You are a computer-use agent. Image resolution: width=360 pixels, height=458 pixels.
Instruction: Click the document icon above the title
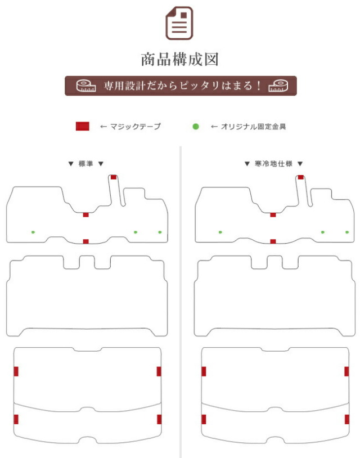pyautogui.click(x=179, y=23)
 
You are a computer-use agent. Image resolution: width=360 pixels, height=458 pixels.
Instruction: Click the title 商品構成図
pyautogui.click(x=180, y=59)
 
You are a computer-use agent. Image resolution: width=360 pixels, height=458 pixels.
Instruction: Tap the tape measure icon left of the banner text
pyautogui.click(x=86, y=86)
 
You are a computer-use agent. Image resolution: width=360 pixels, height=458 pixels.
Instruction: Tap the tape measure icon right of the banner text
pyautogui.click(x=278, y=86)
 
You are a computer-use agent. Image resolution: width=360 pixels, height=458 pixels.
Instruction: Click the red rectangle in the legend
pyautogui.click(x=83, y=126)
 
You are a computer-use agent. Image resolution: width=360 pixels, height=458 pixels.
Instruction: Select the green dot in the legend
pyautogui.click(x=196, y=127)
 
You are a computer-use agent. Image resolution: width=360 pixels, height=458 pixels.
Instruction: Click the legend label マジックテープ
pyautogui.click(x=136, y=127)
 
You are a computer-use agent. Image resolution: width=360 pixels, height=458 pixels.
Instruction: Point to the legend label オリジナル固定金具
pyautogui.click(x=254, y=127)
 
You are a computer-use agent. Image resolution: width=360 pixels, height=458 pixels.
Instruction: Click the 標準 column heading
pyautogui.click(x=85, y=164)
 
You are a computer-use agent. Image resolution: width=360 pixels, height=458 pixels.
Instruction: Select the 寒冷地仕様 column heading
pyautogui.click(x=273, y=164)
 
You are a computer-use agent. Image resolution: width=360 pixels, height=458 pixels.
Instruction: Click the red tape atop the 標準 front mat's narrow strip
pyautogui.click(x=114, y=177)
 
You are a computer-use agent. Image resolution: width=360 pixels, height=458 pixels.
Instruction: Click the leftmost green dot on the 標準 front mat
pyautogui.click(x=33, y=232)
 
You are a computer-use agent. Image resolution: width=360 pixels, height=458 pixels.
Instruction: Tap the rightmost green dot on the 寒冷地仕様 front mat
pyautogui.click(x=347, y=232)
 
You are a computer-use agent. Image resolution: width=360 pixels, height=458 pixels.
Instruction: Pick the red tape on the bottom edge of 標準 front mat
pyautogui.click(x=86, y=241)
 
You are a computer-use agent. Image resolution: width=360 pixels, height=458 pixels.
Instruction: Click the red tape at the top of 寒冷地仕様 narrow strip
pyautogui.click(x=301, y=177)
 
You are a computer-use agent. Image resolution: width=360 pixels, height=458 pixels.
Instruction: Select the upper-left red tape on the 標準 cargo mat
pyautogui.click(x=16, y=371)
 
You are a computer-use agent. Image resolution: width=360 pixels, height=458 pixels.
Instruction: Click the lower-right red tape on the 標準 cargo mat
pyautogui.click(x=159, y=419)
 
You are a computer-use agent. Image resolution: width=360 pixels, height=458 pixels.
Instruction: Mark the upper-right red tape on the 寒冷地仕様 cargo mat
pyautogui.click(x=346, y=371)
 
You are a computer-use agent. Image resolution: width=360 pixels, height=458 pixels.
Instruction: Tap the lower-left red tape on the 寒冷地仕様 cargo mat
pyautogui.click(x=204, y=419)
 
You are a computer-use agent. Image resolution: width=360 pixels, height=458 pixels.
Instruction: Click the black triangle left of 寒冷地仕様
pyautogui.click(x=247, y=164)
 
